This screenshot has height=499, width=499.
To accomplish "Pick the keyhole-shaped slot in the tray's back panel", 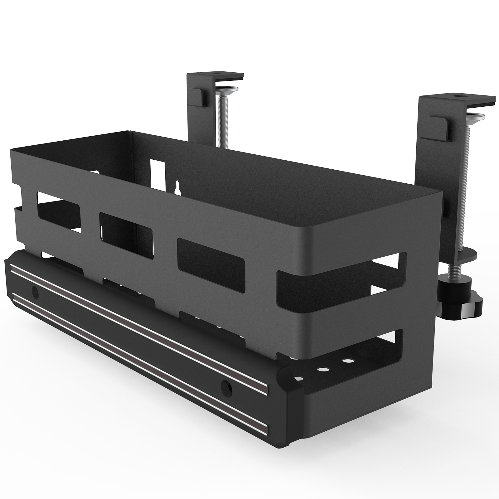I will [177, 187].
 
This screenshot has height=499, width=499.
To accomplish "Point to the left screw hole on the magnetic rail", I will [35, 292].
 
